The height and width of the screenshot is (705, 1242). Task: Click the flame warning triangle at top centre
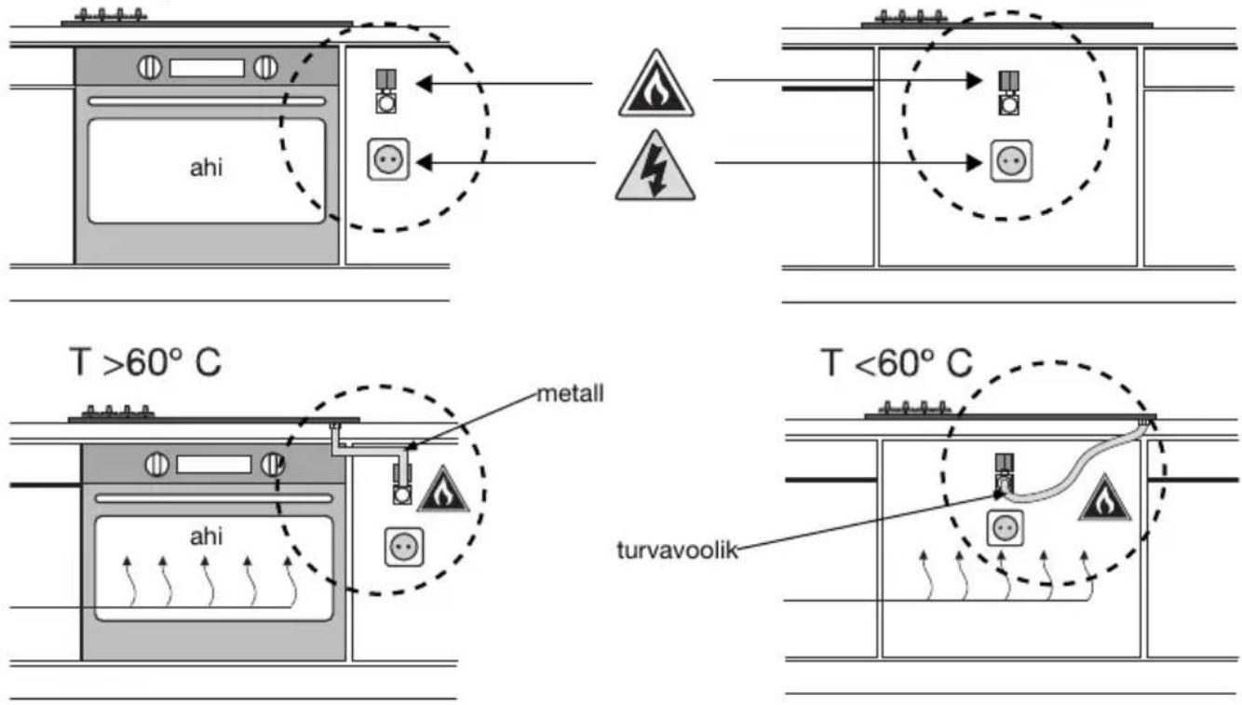point(656,85)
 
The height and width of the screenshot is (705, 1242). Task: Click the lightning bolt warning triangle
point(655,167)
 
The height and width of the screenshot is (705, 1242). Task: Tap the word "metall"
point(570,394)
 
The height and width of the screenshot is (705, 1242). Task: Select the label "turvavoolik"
point(677,549)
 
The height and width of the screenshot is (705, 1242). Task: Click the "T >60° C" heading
point(145,363)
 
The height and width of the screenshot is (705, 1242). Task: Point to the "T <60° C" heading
point(897,363)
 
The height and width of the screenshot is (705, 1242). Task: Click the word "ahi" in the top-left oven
point(207,168)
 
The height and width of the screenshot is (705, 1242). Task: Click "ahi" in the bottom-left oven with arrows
point(207,536)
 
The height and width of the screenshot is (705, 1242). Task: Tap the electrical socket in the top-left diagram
point(388,160)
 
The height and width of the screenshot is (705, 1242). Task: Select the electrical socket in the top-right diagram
point(1011,161)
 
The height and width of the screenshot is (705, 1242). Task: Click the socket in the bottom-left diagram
point(404,547)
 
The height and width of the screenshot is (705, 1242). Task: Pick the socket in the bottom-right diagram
point(1006,528)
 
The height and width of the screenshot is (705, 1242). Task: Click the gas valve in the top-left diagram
point(385,91)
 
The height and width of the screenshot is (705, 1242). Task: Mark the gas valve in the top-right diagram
point(1009,92)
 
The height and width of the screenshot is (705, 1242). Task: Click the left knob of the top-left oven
point(150,68)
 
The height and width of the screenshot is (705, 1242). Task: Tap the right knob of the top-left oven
point(265,68)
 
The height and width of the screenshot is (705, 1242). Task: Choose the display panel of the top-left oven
point(207,68)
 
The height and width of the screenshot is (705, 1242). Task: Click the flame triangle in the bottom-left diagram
point(443,491)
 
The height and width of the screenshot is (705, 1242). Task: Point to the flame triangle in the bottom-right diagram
point(1104,499)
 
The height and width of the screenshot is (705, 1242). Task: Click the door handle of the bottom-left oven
point(214,498)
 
